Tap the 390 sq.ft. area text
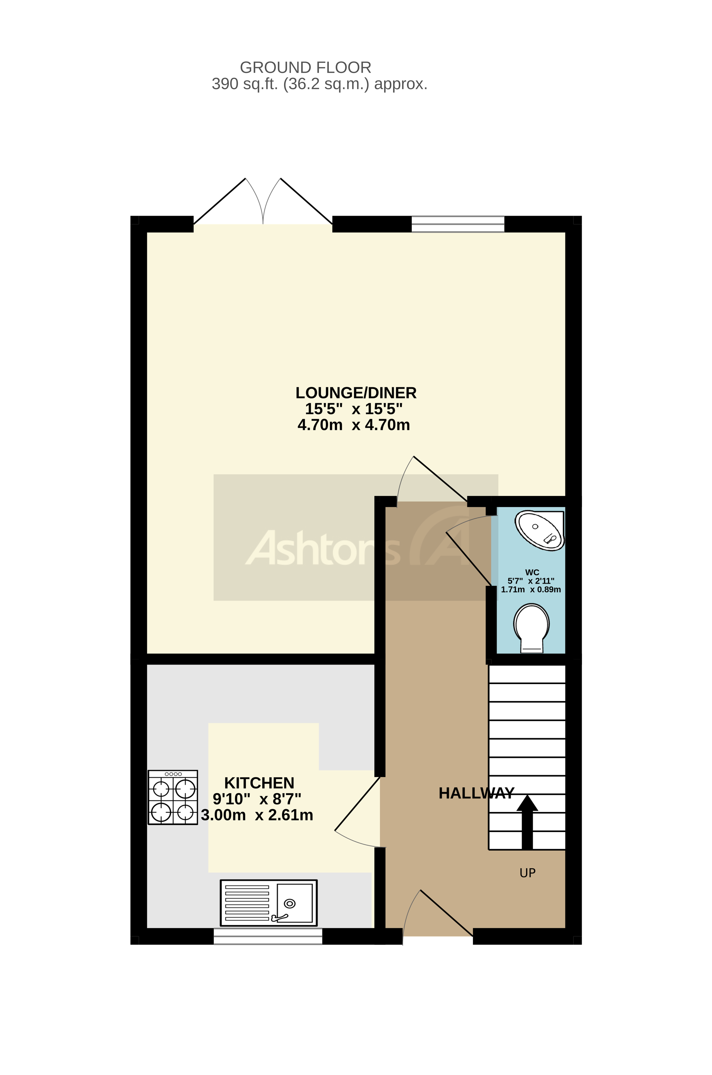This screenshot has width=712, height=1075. click(x=319, y=84)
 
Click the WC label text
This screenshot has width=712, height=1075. click(x=532, y=572)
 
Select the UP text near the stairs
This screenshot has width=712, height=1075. click(x=527, y=872)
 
